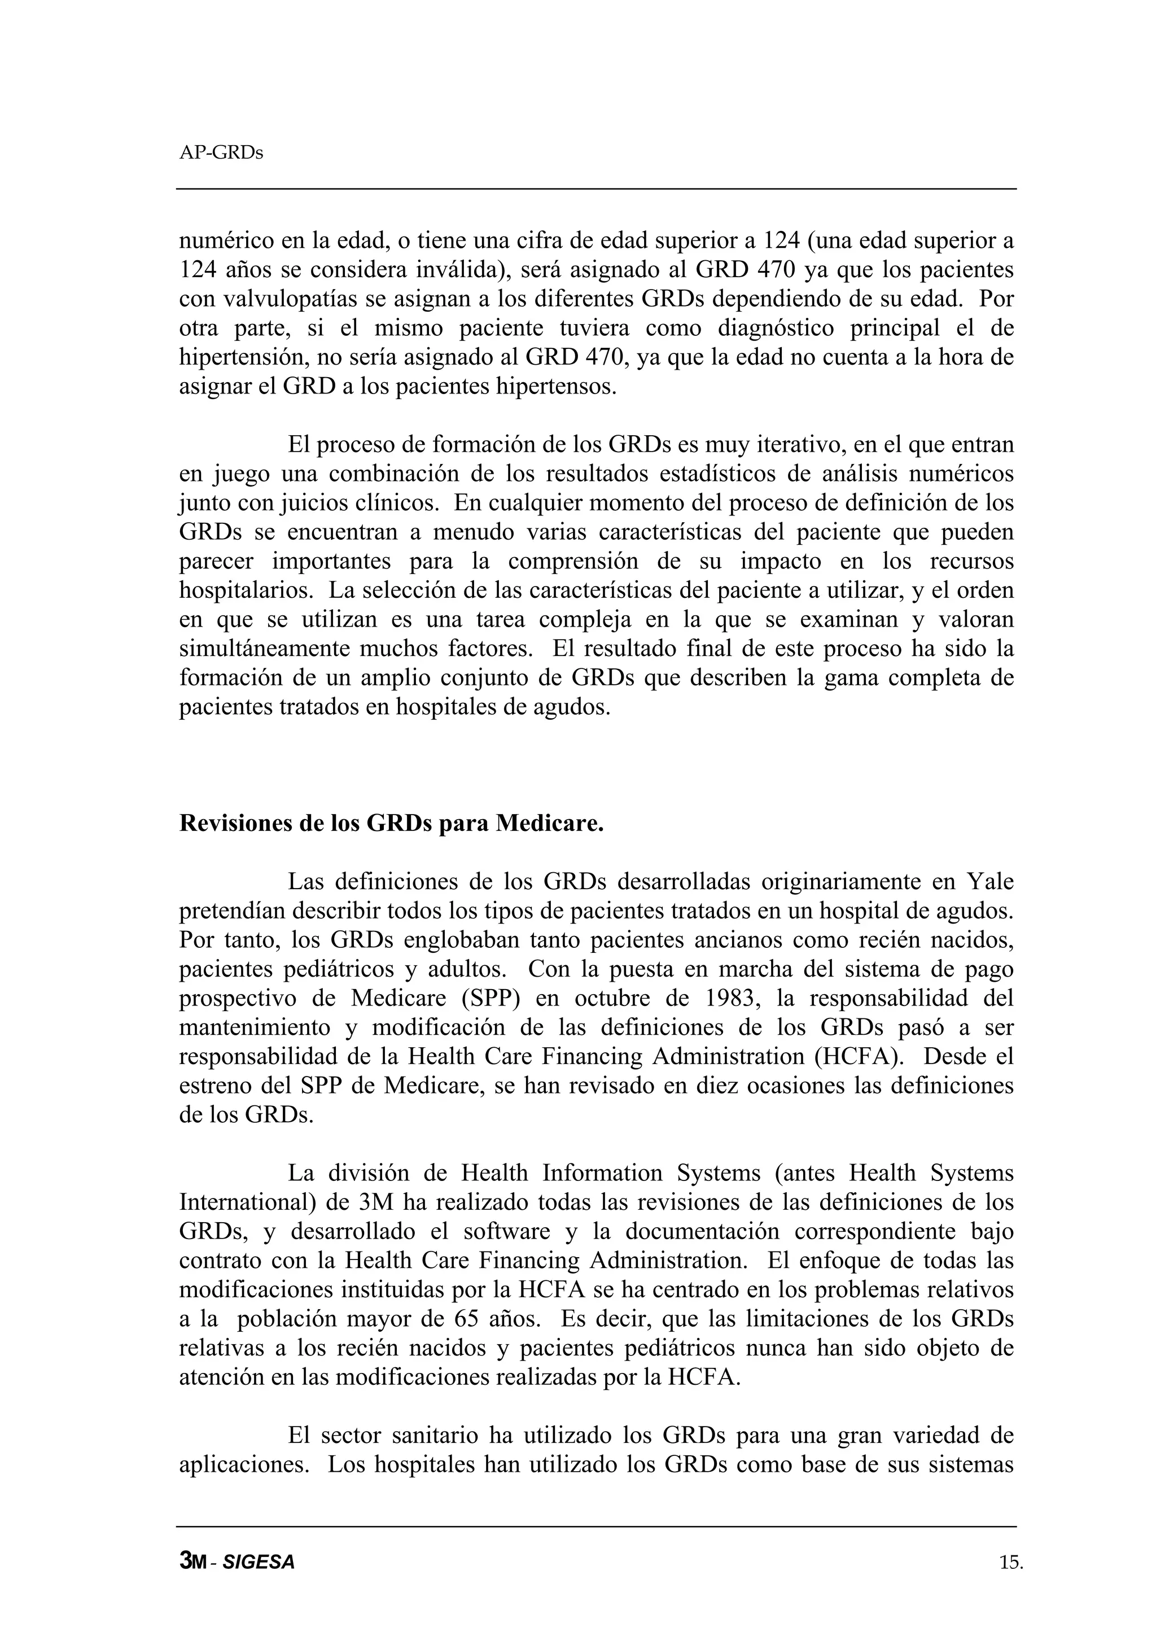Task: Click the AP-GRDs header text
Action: coord(221,152)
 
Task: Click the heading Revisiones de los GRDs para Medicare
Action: coord(391,823)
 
